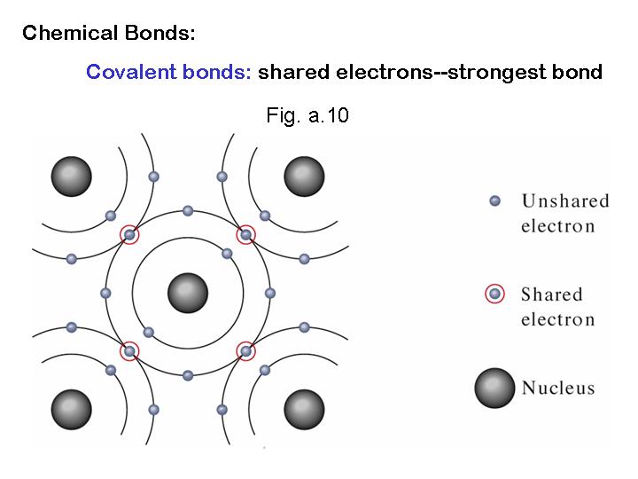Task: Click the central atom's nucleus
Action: (x=188, y=293)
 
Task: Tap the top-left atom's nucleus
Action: (x=72, y=176)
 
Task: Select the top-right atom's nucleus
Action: (x=304, y=176)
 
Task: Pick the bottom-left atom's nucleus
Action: (x=72, y=409)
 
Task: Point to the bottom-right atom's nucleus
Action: (x=304, y=409)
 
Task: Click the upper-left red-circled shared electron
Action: (x=130, y=234)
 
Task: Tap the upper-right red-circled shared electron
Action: (x=245, y=234)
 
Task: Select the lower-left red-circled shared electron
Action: (x=130, y=351)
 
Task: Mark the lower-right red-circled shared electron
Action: (x=245, y=351)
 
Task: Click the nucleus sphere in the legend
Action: (x=494, y=387)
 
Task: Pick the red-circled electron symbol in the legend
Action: (x=495, y=294)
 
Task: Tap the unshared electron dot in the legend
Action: (x=495, y=200)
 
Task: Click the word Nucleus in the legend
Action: (x=558, y=388)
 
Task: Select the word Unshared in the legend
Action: (x=565, y=200)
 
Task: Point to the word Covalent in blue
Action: (x=129, y=72)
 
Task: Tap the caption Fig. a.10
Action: (x=307, y=115)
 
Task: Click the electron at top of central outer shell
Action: (x=188, y=211)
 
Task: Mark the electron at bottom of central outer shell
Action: (x=188, y=375)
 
